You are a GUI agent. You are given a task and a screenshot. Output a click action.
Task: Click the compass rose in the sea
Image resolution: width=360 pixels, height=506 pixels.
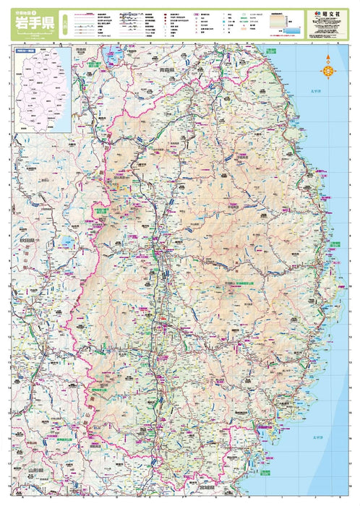click(x=327, y=70)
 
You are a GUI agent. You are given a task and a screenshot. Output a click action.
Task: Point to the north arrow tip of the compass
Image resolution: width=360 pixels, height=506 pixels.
click(x=327, y=58)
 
